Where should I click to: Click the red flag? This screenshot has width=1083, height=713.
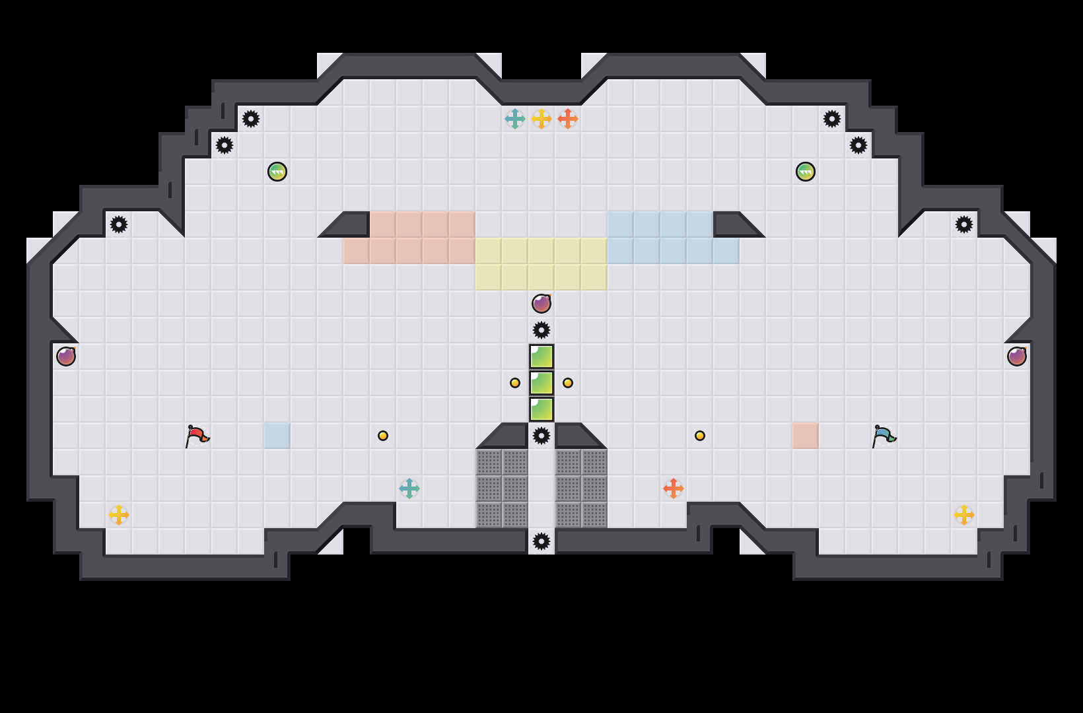click(197, 436)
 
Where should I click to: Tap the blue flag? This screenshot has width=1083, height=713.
click(884, 436)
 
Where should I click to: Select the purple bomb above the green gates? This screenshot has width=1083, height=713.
click(541, 304)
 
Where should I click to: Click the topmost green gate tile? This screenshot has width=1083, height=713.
click(541, 356)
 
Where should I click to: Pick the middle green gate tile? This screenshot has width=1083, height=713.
click(541, 383)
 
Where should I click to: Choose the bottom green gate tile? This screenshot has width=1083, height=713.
click(541, 409)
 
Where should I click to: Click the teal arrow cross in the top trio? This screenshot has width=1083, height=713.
click(515, 119)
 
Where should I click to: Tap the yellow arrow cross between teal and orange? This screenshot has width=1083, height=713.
click(541, 119)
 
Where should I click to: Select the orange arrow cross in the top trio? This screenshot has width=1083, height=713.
click(568, 119)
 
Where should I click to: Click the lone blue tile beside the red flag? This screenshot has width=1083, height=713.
click(277, 436)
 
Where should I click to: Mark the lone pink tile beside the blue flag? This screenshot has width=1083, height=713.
click(806, 436)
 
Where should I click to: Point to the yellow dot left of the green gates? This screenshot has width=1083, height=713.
click(515, 383)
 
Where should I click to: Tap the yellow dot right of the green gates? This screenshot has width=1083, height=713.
click(568, 383)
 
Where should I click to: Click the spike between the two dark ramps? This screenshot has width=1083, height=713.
click(541, 436)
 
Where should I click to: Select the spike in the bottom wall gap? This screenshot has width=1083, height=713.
click(541, 541)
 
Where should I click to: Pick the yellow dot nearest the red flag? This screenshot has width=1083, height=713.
click(383, 436)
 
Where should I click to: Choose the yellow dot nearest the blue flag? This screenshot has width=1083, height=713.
click(700, 436)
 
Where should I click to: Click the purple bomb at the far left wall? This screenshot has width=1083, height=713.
click(66, 356)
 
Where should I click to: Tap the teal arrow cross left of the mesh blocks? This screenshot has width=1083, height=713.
click(409, 489)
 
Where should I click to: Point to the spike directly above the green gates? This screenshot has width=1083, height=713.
click(541, 330)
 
